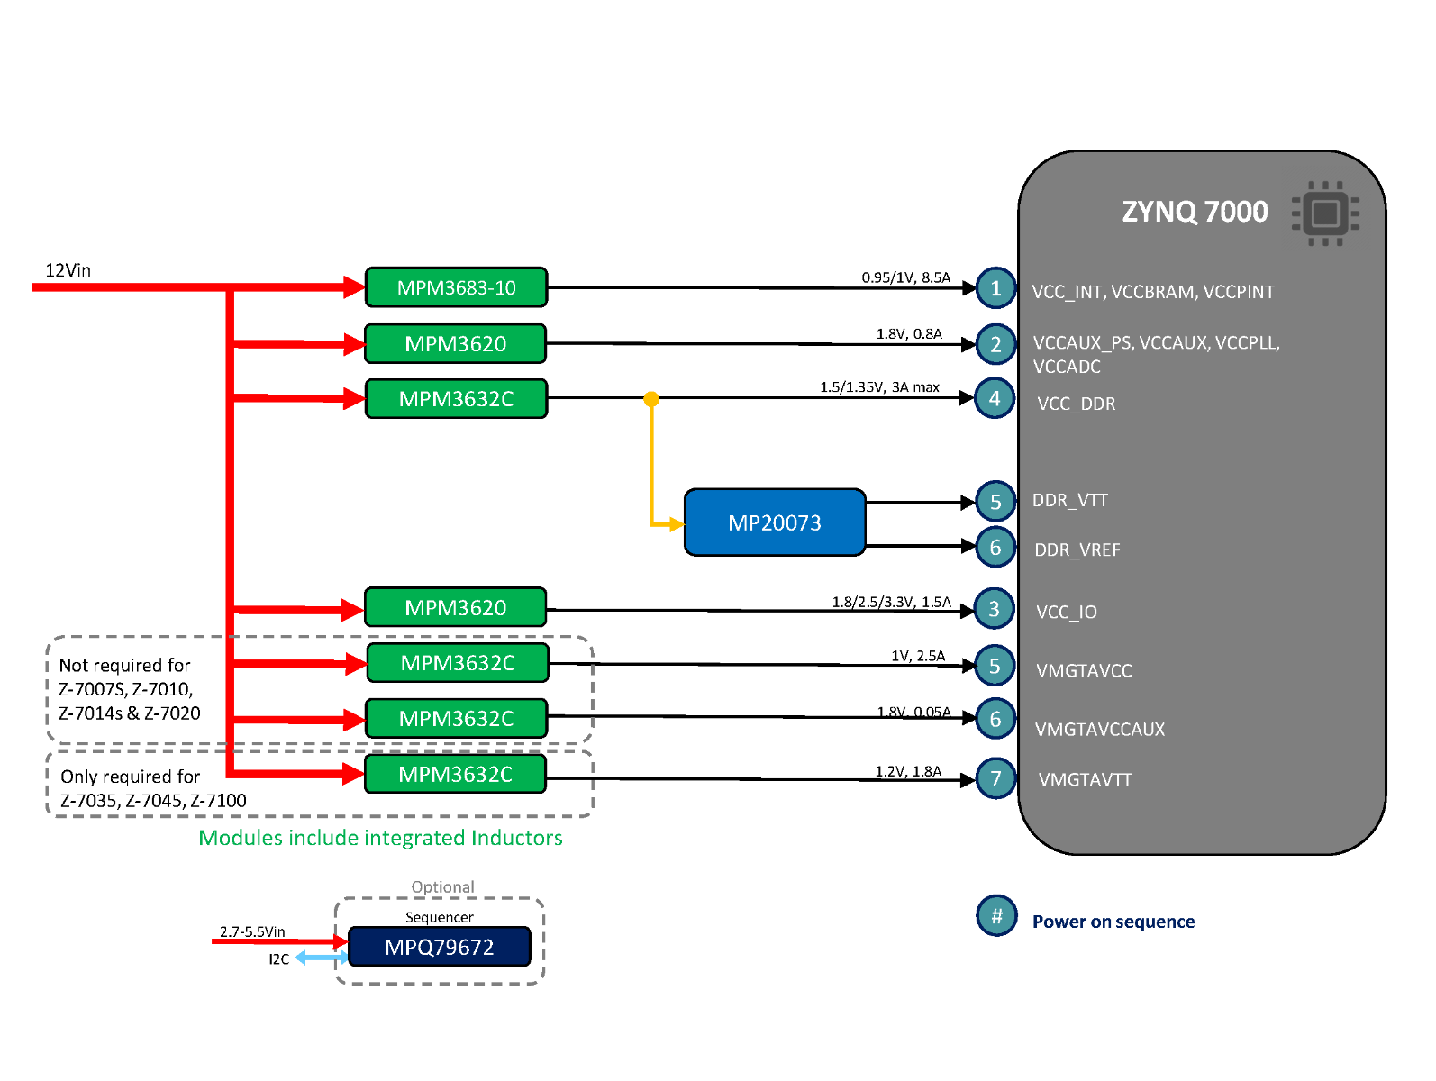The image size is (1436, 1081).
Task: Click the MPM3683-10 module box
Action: click(x=456, y=287)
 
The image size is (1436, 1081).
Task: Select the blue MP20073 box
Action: click(x=775, y=522)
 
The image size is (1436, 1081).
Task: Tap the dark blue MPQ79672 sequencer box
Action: click(x=439, y=947)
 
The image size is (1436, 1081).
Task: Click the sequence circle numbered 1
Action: click(x=995, y=288)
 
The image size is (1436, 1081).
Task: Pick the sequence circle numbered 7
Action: click(x=995, y=778)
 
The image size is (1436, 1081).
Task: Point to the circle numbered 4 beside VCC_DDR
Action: click(x=995, y=398)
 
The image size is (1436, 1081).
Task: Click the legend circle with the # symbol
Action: click(x=996, y=916)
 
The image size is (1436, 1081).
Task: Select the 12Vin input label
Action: click(x=68, y=270)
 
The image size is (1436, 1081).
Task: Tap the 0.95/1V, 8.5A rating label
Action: click(x=905, y=277)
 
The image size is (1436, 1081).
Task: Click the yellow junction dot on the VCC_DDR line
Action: click(x=651, y=399)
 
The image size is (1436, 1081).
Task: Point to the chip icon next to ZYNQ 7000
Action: click(x=1325, y=214)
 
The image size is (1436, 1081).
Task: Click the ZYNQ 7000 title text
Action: click(x=1195, y=212)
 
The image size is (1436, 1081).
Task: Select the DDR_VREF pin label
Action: click(x=1077, y=550)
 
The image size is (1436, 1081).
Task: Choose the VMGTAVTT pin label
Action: click(x=1085, y=780)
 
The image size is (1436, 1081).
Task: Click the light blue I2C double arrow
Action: click(x=321, y=958)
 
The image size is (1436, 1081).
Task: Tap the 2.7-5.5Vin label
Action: click(x=252, y=931)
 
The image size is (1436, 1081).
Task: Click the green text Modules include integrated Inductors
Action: click(x=380, y=838)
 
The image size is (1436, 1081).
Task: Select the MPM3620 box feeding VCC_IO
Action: click(x=456, y=608)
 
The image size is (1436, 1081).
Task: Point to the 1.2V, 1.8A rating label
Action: click(x=908, y=771)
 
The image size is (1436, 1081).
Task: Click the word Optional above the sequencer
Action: click(x=442, y=887)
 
